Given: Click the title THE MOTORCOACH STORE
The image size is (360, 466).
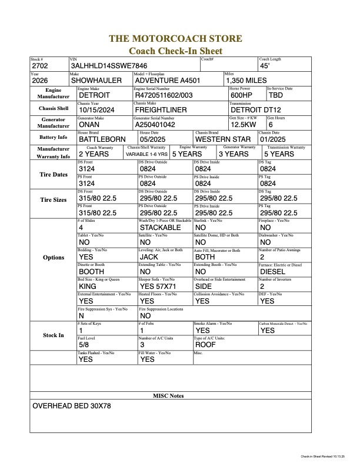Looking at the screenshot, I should [x=175, y=39].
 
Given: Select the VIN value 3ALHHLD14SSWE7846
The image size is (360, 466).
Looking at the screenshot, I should [x=109, y=66].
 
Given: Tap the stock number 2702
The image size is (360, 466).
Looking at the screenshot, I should [x=41, y=66].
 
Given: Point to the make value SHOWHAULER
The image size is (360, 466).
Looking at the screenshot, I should [x=96, y=81].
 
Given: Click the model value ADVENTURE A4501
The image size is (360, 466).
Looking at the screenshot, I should [x=168, y=81].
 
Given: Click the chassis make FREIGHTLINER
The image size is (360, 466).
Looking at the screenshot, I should [x=161, y=110].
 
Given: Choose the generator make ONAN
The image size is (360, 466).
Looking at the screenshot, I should [x=89, y=125].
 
